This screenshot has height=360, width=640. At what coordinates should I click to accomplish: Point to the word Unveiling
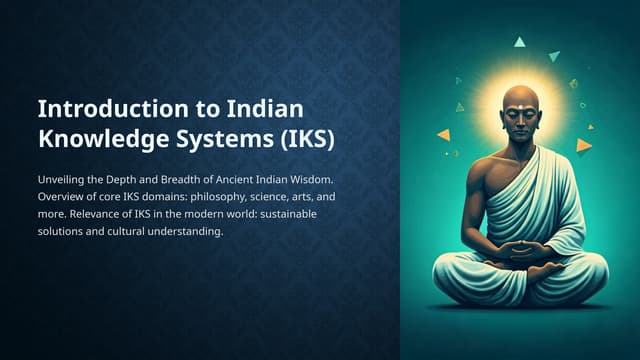[63, 179]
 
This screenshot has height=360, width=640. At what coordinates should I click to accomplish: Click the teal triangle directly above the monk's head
[519, 42]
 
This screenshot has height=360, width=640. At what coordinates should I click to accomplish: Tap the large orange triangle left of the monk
[444, 135]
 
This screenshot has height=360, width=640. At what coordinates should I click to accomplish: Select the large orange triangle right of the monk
[584, 145]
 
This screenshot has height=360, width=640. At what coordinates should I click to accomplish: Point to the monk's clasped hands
[522, 249]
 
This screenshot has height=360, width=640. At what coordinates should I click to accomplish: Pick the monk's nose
[520, 124]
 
